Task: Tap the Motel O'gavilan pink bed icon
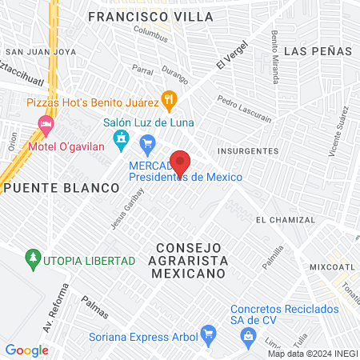pyautogui.click(x=46, y=124)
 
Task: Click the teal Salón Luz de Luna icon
pyautogui.click(x=121, y=141)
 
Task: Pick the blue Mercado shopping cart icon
pyautogui.click(x=146, y=144)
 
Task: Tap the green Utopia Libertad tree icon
pyautogui.click(x=32, y=258)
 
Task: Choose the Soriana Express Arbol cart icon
pyautogui.click(x=208, y=332)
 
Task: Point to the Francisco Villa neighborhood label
pyautogui.click(x=151, y=16)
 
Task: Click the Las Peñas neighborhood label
pyautogui.click(x=318, y=50)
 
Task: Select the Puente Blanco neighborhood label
pyautogui.click(x=60, y=187)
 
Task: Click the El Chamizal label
pyautogui.click(x=282, y=219)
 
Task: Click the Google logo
pyautogui.click(x=26, y=350)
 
